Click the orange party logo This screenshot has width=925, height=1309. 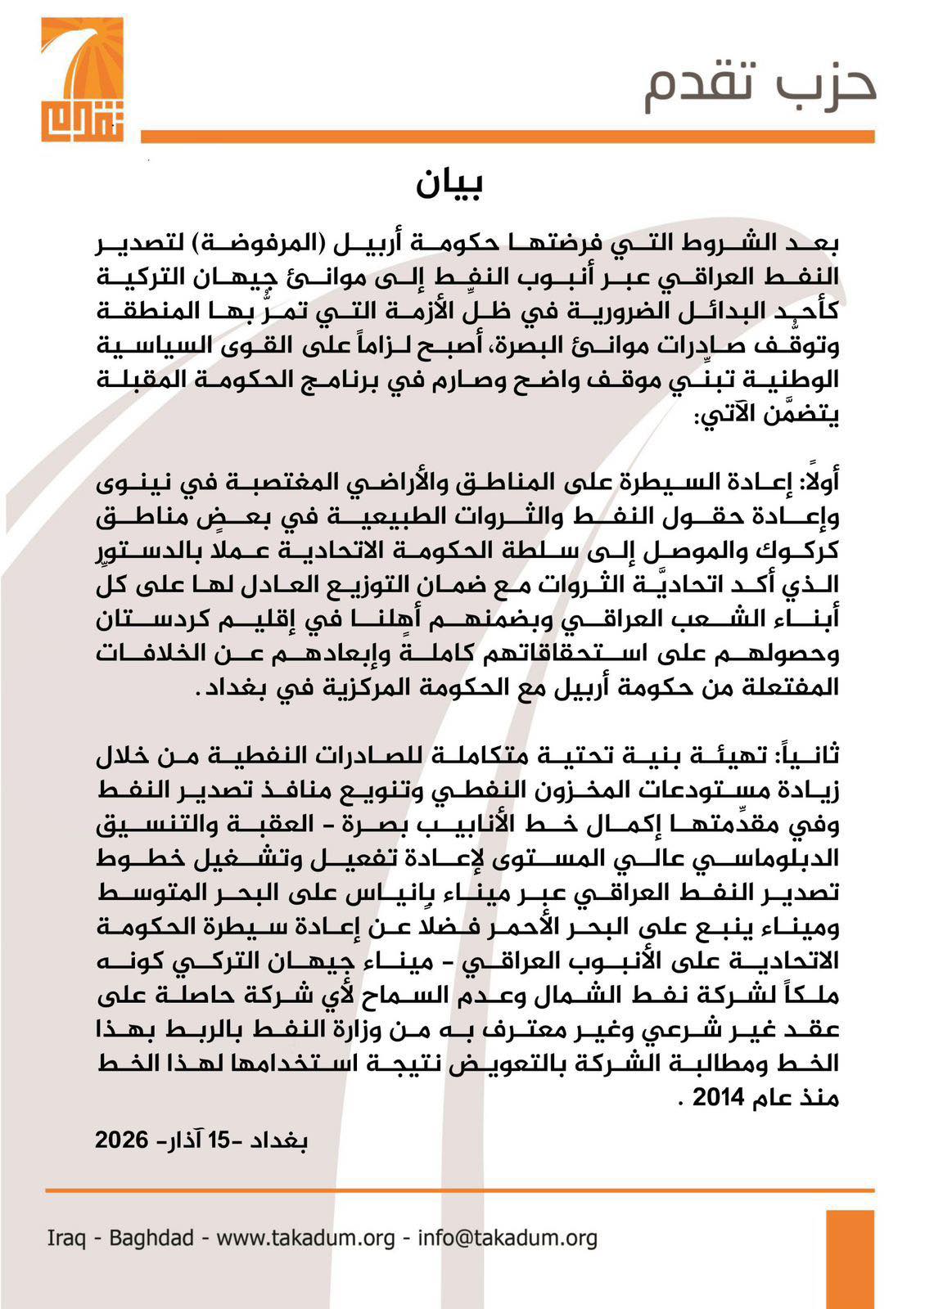(83, 79)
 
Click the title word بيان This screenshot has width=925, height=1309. (449, 183)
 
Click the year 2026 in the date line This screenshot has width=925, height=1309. (121, 1140)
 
